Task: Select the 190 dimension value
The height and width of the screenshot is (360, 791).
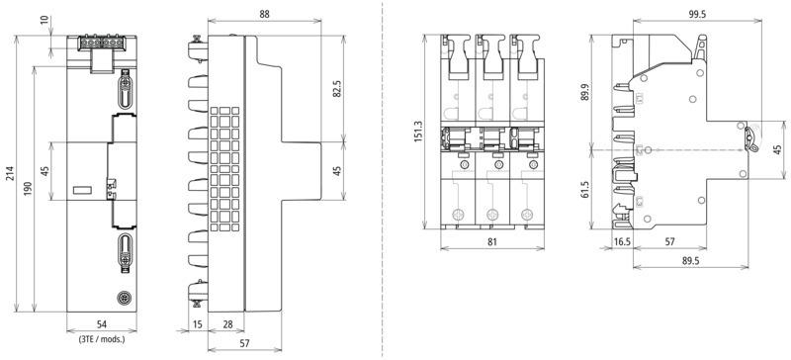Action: coord(29,188)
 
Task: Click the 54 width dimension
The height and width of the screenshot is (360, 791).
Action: coord(102,324)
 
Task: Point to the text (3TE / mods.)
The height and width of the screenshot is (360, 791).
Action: coord(102,340)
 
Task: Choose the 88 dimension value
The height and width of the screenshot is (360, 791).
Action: coord(264,14)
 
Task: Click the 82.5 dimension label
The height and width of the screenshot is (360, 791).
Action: coord(337,88)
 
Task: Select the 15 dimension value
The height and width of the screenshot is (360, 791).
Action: coord(197,324)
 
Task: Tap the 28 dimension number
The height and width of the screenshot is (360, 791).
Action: coord(228,324)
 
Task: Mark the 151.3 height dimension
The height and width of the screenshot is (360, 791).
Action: coord(418,131)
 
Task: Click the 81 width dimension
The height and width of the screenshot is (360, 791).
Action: coord(492,242)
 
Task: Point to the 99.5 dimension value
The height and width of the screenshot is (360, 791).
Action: coord(697,14)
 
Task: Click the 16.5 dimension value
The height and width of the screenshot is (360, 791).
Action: coord(622,242)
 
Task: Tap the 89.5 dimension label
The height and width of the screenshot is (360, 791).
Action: coord(689,260)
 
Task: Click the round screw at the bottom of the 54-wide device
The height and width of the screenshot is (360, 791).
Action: coord(123,298)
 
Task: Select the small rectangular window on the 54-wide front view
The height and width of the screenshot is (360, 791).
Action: coord(82,190)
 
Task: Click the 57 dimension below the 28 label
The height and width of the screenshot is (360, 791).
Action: coord(244,343)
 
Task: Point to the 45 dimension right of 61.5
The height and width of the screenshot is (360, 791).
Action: coord(777,149)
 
